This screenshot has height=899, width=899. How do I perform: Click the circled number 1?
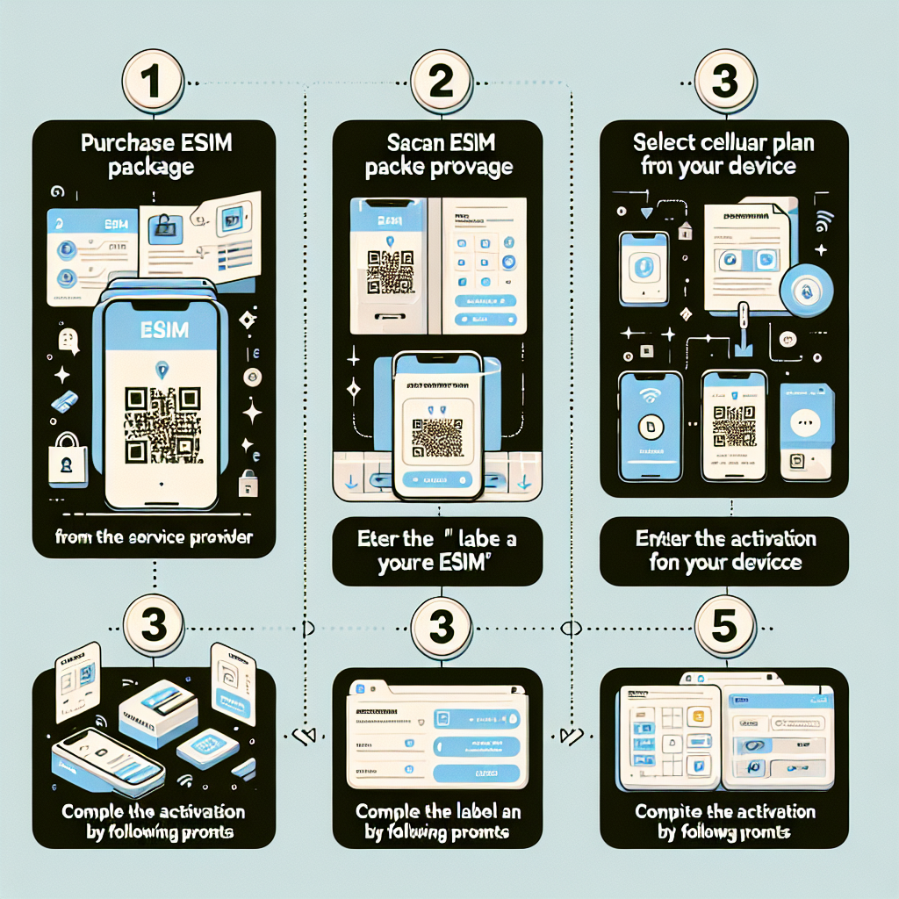click(152, 84)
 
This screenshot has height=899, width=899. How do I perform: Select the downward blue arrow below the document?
click(742, 351)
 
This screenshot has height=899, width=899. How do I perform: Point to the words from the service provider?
click(154, 537)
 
